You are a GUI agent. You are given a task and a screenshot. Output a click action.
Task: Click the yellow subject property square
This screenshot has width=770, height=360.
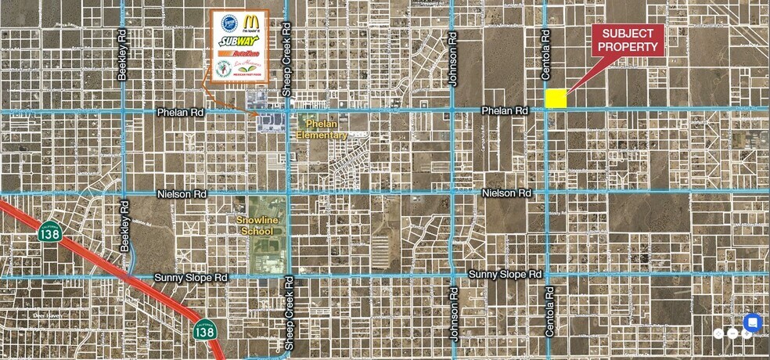pyautogui.click(x=556, y=98)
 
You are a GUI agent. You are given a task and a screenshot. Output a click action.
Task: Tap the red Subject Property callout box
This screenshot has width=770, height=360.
pyautogui.click(x=628, y=40)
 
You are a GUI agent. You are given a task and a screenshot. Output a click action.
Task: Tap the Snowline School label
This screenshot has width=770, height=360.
pyautogui.click(x=256, y=226)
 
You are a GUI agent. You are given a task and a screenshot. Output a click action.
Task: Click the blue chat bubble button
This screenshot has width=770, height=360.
pyautogui.click(x=752, y=322)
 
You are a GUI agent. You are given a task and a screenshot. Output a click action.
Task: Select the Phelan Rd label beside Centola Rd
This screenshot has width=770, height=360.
pyautogui.click(x=506, y=111)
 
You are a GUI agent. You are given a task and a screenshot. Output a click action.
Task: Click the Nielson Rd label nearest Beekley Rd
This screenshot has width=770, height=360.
pyautogui.click(x=180, y=193)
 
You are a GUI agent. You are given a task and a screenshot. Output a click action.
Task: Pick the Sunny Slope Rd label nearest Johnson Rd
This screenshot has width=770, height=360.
pyautogui.click(x=505, y=275)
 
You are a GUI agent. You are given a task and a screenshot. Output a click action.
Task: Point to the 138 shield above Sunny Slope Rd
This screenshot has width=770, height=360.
pyautogui.click(x=49, y=232)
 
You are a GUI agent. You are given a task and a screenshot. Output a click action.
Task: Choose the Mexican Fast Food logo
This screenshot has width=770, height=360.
pyautogui.click(x=249, y=70)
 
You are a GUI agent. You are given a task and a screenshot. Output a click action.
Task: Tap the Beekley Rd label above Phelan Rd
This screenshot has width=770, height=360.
pyautogui.click(x=122, y=56)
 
